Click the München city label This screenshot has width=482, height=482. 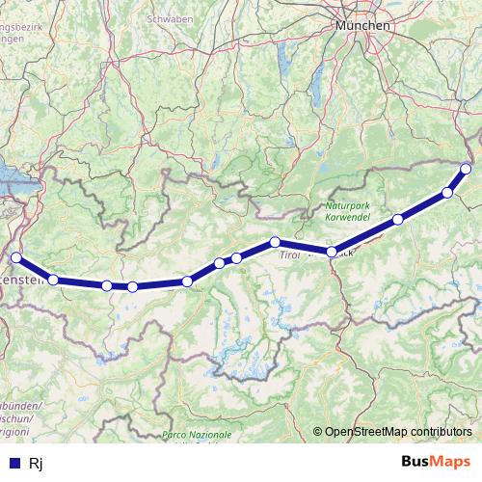(362, 25)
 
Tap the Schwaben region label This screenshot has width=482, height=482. (170, 18)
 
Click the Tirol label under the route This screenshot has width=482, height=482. (290, 256)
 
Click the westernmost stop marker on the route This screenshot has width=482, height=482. (15, 257)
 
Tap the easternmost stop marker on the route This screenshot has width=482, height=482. (467, 169)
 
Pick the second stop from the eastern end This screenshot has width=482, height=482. (447, 193)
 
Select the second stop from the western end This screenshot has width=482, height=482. (54, 280)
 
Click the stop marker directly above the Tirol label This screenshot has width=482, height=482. (276, 242)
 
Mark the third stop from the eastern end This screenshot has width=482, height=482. (398, 220)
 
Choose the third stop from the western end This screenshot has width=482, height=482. (106, 285)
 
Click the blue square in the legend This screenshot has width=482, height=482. (13, 464)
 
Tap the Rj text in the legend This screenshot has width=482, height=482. (37, 464)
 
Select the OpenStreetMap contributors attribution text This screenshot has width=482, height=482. (398, 432)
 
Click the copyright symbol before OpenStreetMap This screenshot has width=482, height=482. (318, 432)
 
